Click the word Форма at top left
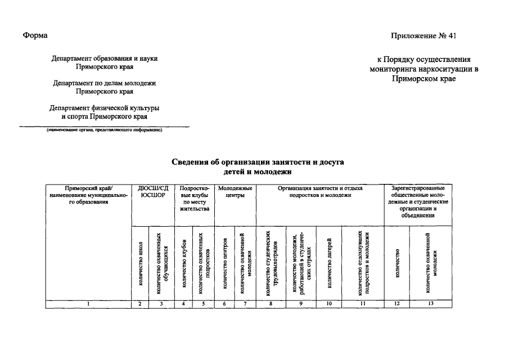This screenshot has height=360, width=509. [35, 35]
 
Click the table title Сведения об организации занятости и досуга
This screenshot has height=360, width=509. [258, 162]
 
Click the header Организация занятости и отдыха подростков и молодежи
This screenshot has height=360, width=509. [320, 191]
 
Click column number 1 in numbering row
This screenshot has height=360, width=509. [88, 304]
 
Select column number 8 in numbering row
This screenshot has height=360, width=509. [271, 304]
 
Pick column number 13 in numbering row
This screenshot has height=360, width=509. [431, 304]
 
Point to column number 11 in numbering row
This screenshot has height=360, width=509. [363, 304]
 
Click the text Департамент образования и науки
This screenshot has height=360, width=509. [105, 58]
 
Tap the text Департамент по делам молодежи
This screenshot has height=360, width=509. [105, 83]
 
